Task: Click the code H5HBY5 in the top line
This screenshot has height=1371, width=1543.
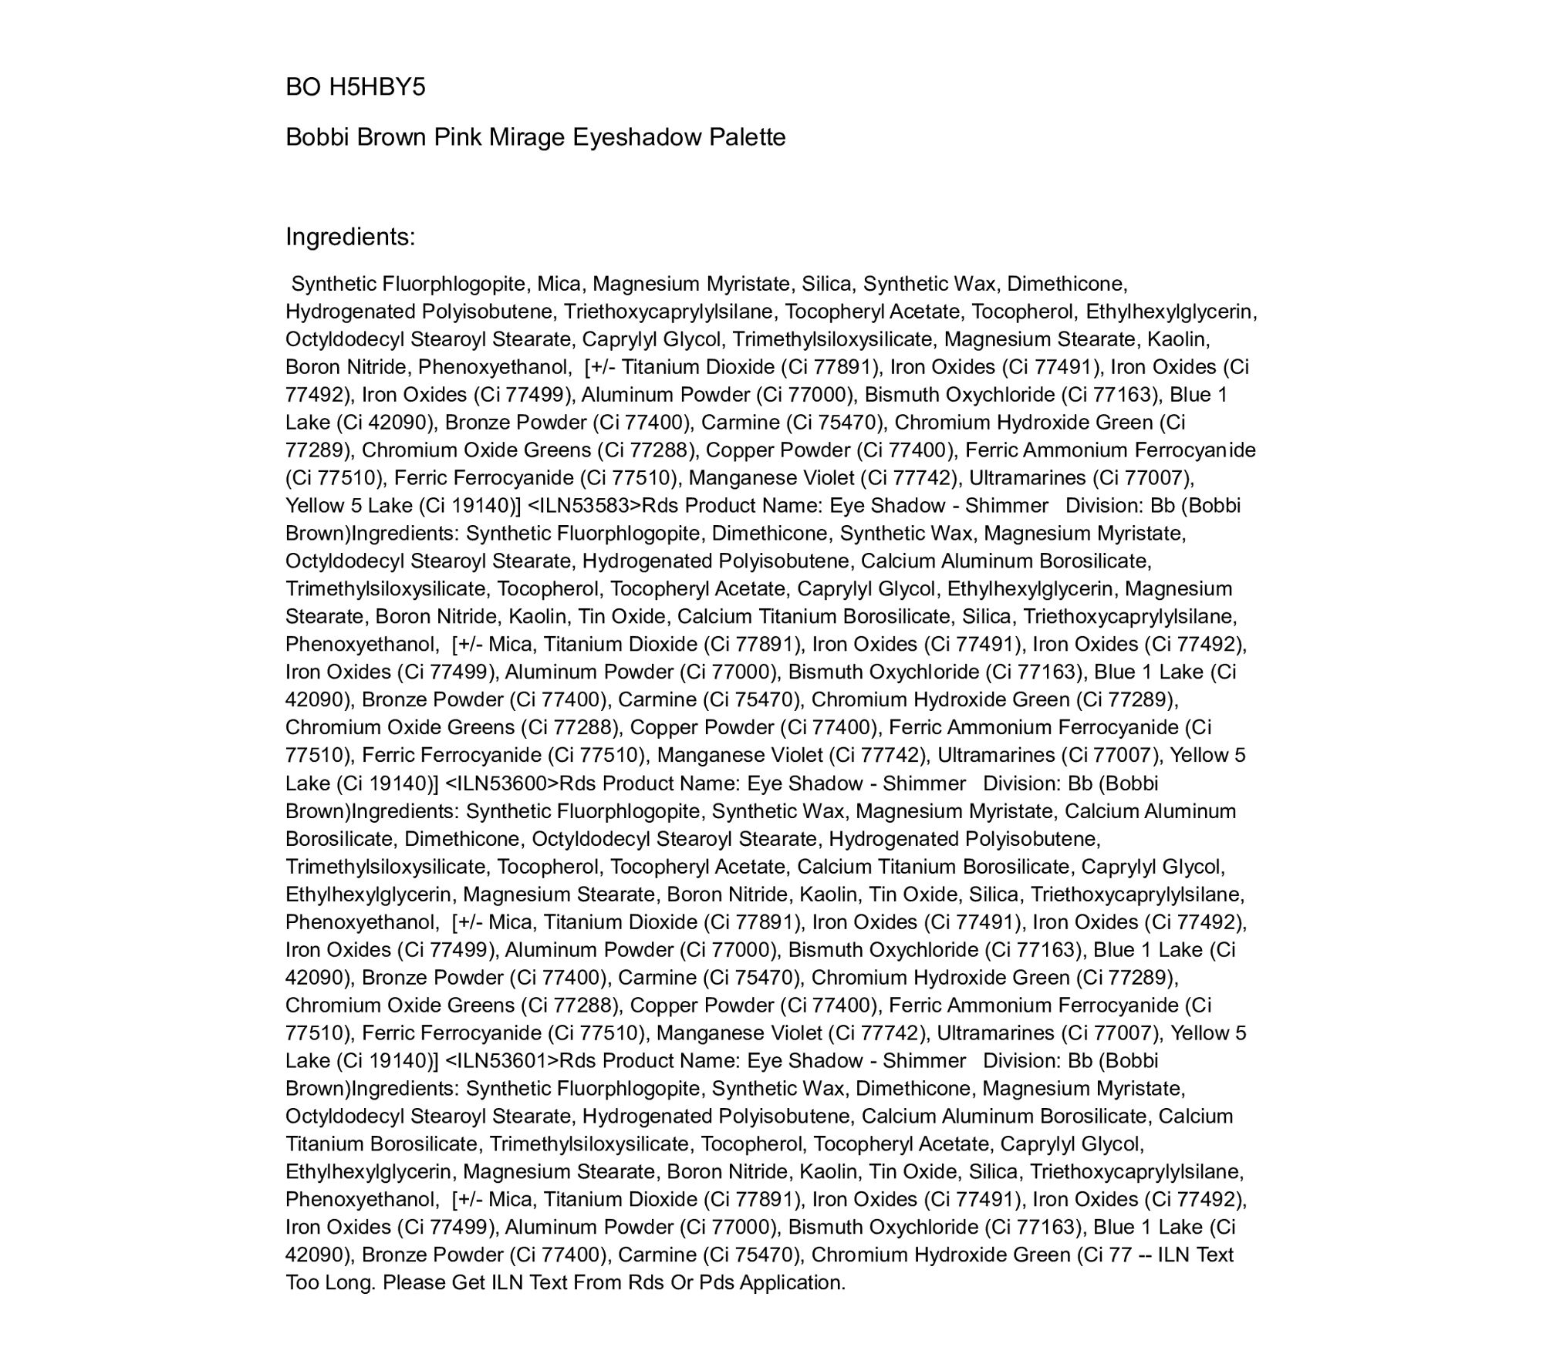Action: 377,87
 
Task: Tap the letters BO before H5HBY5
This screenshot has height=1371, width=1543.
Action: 303,87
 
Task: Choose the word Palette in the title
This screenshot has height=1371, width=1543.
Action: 748,137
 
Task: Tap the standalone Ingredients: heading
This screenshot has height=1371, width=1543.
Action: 350,237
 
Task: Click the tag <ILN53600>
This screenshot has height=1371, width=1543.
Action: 501,783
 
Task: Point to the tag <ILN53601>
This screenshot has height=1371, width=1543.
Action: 501,1061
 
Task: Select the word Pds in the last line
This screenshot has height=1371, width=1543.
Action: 715,1283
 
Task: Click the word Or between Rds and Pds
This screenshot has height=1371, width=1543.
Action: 680,1283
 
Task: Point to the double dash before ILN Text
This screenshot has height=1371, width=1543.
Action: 1145,1255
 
